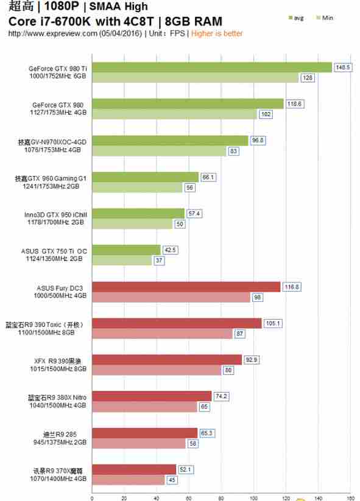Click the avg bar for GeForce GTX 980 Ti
211,67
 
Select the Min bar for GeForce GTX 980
174,114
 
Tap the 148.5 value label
344,68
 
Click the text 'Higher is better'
217,33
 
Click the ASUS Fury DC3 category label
58,287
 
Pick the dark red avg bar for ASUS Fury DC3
186,287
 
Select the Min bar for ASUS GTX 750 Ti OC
121,260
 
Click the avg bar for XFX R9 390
166,360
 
